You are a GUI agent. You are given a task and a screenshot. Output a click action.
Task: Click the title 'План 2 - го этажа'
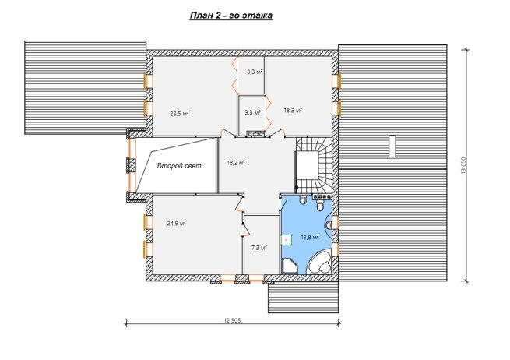click(x=231, y=16)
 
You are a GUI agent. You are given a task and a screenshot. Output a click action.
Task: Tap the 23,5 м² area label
click(x=180, y=114)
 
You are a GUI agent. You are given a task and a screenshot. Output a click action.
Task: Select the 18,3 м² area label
click(x=293, y=111)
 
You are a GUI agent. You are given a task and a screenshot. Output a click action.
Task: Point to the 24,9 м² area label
click(x=176, y=224)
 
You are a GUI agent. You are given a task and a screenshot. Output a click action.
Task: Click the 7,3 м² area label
click(x=259, y=247)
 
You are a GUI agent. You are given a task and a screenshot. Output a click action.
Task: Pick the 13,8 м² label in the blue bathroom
click(x=309, y=238)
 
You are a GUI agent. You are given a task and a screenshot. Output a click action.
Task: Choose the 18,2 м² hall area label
click(x=236, y=162)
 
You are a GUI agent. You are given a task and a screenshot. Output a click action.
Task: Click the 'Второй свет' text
click(x=179, y=166)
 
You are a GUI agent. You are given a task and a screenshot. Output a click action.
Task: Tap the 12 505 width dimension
click(x=232, y=320)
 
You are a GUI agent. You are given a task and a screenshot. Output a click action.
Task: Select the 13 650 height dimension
click(x=464, y=166)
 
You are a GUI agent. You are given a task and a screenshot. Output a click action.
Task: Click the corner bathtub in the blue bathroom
click(x=319, y=263)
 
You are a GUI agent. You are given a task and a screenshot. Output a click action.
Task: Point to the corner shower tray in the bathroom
click(x=290, y=266)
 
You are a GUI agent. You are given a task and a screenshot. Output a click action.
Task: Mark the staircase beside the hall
click(x=315, y=165)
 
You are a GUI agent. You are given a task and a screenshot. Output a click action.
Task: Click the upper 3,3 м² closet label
click(x=255, y=72)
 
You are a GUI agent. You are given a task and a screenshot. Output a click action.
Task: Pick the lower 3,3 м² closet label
click(x=253, y=113)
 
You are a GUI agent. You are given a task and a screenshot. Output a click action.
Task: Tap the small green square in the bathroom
click(x=287, y=239)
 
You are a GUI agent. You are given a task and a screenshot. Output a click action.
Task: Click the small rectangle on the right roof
click(x=392, y=146)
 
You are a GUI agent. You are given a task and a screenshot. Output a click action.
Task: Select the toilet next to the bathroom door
click(x=303, y=199)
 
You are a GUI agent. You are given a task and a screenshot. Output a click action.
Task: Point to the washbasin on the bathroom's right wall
click(x=329, y=224)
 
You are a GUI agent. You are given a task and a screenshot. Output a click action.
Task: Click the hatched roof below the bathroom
click(x=303, y=298)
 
